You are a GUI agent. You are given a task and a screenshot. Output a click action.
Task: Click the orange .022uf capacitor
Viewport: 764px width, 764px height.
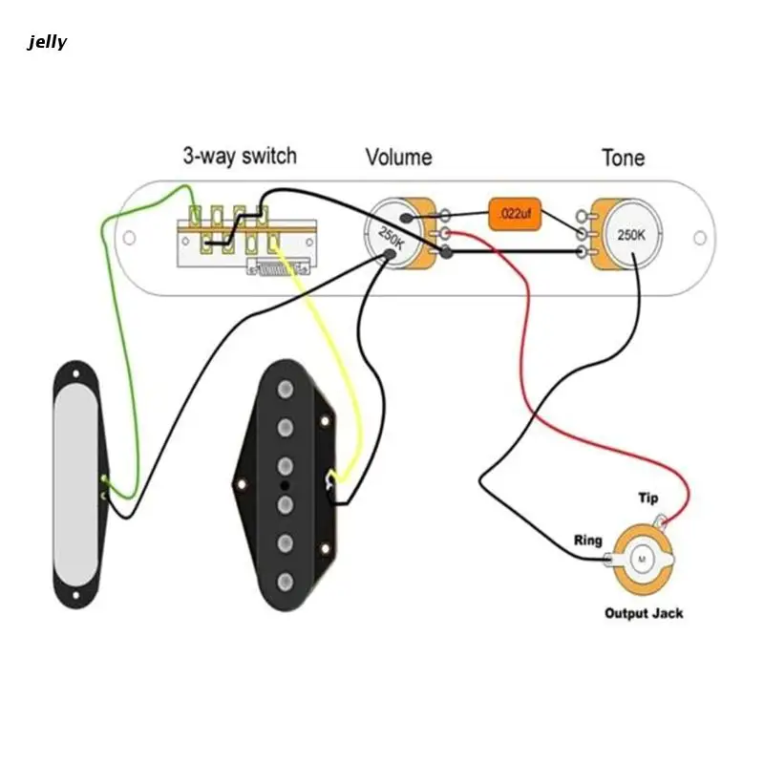515,214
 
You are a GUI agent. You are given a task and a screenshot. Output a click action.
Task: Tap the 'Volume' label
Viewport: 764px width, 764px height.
398,158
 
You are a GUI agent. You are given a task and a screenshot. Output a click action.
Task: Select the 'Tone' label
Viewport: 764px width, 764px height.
624,158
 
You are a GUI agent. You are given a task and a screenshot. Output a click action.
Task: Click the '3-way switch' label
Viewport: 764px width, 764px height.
240,156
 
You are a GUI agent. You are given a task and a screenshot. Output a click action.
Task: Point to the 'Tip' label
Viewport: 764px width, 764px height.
648,498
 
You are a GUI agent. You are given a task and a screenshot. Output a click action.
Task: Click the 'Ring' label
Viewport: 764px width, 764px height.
588,541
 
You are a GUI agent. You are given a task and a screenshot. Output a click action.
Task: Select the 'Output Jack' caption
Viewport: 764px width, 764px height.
644,613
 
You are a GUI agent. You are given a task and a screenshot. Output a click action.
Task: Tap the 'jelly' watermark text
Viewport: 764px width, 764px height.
47,42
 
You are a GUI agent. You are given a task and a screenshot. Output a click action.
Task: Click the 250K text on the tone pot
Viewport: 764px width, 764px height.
631,235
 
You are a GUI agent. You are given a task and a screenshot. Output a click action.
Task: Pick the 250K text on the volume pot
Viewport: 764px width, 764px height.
392,239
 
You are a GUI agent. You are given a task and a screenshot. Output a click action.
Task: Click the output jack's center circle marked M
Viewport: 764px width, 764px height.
641,560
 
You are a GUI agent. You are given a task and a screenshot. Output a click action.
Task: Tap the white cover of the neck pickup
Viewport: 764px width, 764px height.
76,484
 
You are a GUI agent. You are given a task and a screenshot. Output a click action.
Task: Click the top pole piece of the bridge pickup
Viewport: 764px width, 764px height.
285,390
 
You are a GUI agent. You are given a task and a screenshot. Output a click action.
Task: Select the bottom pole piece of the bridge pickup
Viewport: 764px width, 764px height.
285,582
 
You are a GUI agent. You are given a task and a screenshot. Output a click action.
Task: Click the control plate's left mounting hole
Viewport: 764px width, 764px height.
129,238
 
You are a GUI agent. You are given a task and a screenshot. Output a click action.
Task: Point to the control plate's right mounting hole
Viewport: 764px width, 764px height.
700,238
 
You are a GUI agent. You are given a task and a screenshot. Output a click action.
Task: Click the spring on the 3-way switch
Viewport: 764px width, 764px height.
279,267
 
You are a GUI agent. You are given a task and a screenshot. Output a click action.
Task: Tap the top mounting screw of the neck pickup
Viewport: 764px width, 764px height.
76,373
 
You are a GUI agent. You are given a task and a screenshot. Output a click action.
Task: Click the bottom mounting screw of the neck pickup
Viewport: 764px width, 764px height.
76,595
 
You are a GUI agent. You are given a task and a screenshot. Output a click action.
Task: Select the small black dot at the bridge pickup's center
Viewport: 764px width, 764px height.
285,485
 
